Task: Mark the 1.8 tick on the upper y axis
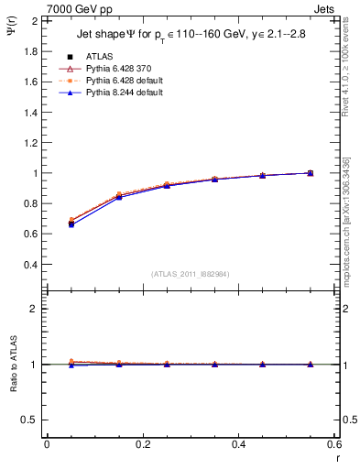[30, 51]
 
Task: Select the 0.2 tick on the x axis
[142, 444]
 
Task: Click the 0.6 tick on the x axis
[333, 444]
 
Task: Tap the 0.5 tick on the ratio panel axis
[30, 420]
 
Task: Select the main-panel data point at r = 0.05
[71, 223]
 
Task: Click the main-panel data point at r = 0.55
[311, 173]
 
